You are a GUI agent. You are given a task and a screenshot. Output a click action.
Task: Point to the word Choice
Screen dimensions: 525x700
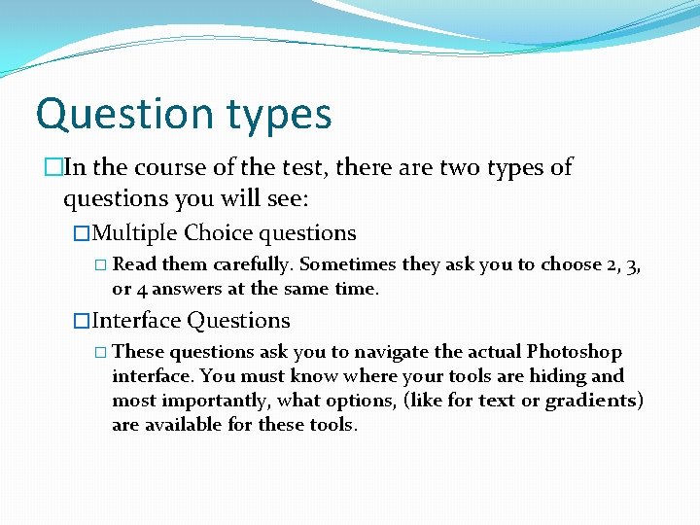pyautogui.click(x=219, y=233)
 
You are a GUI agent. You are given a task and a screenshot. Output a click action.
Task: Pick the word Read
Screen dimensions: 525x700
pyautogui.click(x=135, y=264)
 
